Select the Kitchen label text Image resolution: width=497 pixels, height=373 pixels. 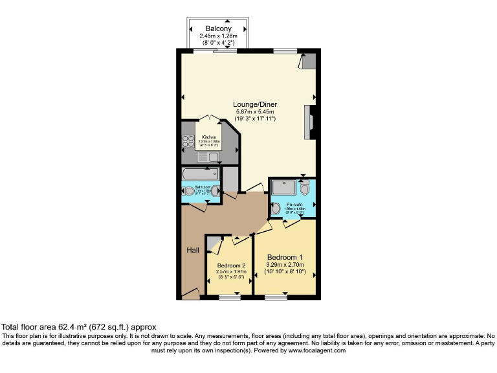208,137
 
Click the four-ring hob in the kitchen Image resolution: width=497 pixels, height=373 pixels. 188,141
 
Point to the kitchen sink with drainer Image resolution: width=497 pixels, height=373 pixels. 208,157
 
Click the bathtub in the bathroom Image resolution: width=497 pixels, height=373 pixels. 200,174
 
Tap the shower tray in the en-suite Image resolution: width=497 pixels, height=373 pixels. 284,187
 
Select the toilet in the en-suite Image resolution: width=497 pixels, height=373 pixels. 305,188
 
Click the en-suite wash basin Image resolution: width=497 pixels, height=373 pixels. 276,209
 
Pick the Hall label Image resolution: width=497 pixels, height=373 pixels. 193,251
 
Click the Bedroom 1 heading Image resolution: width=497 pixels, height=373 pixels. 285,257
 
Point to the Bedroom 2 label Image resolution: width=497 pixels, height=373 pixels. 231,266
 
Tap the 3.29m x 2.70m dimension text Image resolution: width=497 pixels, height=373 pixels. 285,265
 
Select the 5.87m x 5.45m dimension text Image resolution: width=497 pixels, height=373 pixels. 253,112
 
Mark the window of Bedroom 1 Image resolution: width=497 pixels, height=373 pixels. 276,297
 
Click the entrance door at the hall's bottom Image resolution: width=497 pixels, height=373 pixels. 190,295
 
